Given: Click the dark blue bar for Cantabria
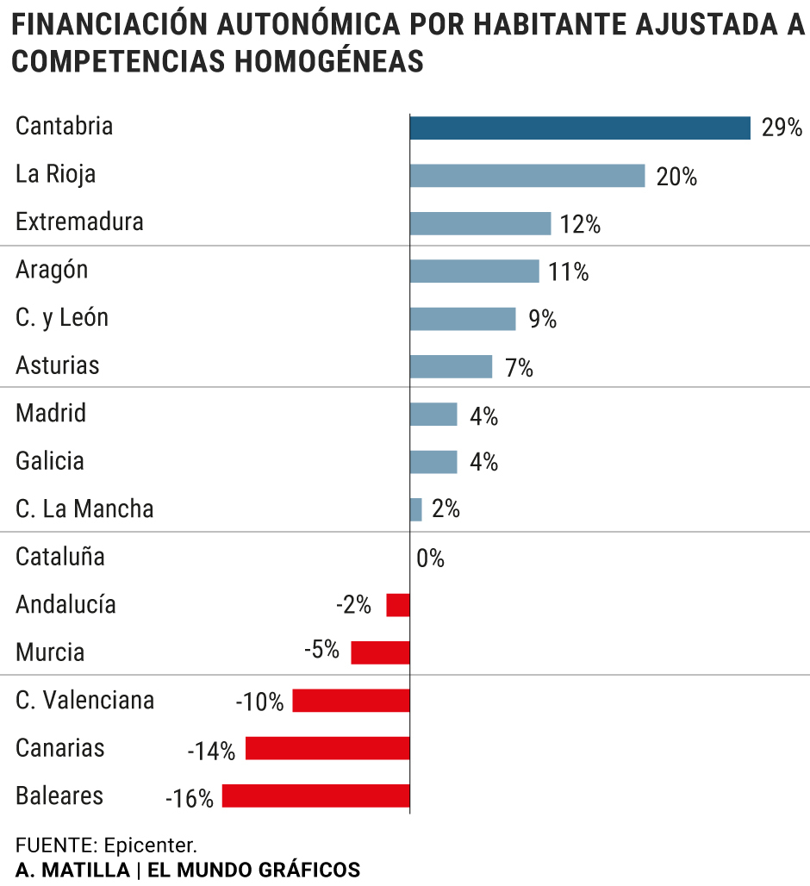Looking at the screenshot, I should (x=579, y=128).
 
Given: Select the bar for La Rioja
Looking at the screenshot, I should (x=526, y=176).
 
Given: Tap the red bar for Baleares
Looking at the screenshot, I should (x=315, y=796).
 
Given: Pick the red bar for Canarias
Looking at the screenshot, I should (x=327, y=748).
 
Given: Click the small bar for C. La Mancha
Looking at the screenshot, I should (x=416, y=509).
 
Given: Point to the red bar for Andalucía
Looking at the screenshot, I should (x=397, y=605).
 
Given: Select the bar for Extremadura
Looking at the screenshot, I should (x=479, y=224).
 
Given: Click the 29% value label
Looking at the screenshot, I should (x=782, y=129).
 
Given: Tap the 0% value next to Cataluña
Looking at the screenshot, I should (x=430, y=559).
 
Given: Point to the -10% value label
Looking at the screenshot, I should (x=259, y=702).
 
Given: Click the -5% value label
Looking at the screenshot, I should (x=322, y=650).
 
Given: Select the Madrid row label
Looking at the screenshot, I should (x=51, y=413).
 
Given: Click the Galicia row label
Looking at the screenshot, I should (x=50, y=461).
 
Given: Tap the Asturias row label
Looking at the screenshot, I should (x=58, y=365).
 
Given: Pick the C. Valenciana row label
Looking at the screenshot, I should (x=84, y=700).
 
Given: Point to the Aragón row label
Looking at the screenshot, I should (x=52, y=270).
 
